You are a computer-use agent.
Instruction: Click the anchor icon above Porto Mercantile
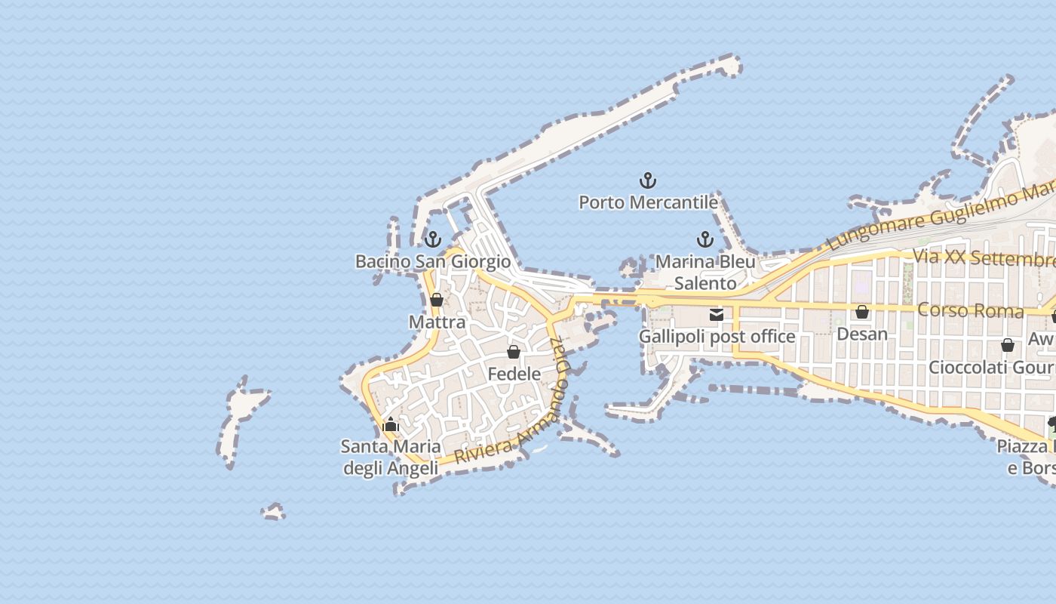[648, 180]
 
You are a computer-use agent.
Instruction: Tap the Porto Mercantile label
[648, 202]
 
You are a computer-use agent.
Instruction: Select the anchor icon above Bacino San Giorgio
[433, 239]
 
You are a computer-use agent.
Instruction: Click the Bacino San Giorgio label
[433, 262]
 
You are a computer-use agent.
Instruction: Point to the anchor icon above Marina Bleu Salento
[705, 240]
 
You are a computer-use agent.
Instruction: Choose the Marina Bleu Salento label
[705, 273]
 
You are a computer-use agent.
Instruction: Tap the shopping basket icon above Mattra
[437, 300]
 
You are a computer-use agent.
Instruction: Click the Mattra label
[437, 322]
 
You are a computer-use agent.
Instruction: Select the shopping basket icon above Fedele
[514, 352]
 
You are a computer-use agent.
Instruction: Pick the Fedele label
[514, 374]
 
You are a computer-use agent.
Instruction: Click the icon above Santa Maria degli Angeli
[391, 424]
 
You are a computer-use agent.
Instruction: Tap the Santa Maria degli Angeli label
[391, 458]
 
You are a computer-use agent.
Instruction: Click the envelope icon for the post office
[717, 315]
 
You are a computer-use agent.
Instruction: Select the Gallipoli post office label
[717, 337]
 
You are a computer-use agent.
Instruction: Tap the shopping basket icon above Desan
[862, 312]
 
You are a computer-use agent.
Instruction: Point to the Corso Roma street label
[970, 310]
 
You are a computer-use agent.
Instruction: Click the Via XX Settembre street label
[984, 257]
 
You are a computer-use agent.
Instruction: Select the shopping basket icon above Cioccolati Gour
[1008, 345]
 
